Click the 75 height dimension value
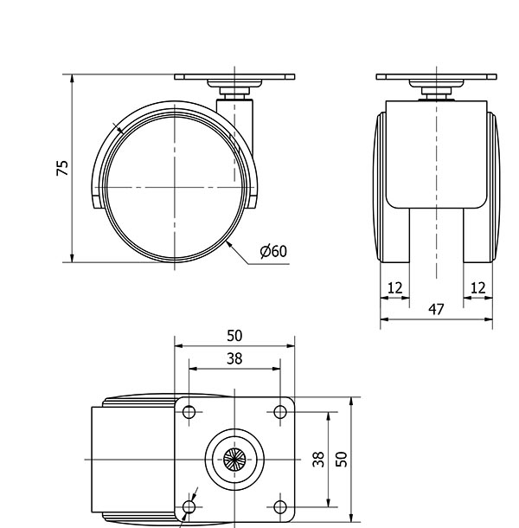[x=61, y=168]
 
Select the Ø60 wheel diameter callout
[x=272, y=251]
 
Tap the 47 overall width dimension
[x=436, y=308]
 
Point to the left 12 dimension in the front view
[x=394, y=287]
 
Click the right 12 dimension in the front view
[x=477, y=287]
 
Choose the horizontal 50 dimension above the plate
[x=234, y=336]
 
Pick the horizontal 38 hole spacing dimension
[x=234, y=357]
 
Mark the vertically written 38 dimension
[x=317, y=459]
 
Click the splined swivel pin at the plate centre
[x=234, y=459]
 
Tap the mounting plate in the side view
[x=234, y=76]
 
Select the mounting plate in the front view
[x=437, y=77]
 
